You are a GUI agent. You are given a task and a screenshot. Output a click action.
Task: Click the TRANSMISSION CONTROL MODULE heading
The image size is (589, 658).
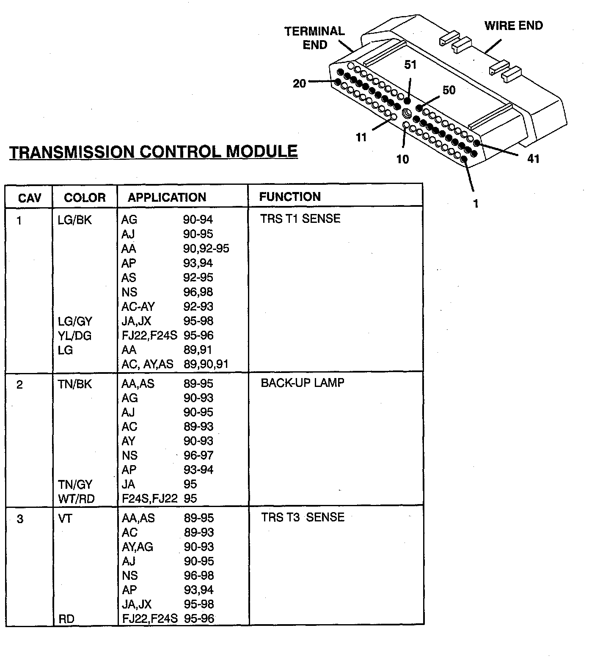click(153, 152)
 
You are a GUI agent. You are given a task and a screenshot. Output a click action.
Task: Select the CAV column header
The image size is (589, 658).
click(30, 198)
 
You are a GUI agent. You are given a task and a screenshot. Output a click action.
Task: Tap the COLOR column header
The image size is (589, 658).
click(85, 197)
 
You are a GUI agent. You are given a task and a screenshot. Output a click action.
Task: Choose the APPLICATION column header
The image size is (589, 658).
click(167, 197)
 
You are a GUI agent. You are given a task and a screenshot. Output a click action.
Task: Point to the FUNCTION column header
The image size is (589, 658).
click(290, 197)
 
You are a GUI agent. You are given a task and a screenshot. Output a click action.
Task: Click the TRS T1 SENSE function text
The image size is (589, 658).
click(300, 219)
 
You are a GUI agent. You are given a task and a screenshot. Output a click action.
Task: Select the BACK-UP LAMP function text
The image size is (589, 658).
click(302, 383)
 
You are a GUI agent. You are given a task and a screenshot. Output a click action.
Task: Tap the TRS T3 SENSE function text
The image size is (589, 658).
click(303, 517)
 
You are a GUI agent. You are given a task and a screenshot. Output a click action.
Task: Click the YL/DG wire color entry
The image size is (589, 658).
click(74, 336)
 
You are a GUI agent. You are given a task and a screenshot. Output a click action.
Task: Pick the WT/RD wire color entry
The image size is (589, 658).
click(76, 499)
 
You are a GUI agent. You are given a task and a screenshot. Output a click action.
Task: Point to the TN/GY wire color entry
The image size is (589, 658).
click(75, 485)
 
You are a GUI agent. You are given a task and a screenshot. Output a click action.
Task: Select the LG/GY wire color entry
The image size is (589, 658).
click(75, 321)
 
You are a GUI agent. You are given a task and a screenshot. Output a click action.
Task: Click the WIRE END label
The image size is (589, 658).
click(513, 26)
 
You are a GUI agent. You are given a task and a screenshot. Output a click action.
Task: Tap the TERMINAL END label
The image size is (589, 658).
click(314, 38)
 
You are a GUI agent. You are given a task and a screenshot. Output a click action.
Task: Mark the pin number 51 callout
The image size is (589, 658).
click(410, 65)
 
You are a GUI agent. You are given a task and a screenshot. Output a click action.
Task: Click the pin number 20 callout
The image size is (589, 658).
click(299, 84)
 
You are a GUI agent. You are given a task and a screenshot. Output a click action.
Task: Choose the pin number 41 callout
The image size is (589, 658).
click(533, 159)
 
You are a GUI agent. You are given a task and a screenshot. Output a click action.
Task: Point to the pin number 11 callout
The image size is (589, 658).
click(361, 137)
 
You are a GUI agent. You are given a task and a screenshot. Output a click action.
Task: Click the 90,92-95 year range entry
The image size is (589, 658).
click(206, 249)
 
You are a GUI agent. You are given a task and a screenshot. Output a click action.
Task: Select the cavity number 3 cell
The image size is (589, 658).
click(20, 519)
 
